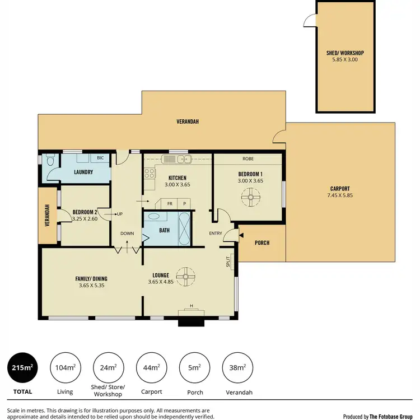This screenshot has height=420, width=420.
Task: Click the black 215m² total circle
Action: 23,368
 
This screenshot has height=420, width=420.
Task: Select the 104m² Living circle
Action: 65,368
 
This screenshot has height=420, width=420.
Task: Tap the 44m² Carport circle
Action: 151,368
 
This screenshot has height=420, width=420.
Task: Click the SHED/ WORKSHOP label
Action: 346,54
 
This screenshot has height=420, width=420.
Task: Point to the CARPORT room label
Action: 340,189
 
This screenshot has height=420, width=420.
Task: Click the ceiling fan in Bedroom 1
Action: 249,196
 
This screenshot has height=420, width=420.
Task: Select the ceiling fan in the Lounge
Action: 185,276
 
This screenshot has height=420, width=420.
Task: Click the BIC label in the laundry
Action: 100,158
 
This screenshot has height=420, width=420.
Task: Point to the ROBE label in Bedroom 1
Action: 247,159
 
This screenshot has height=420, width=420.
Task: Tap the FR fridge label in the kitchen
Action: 169,203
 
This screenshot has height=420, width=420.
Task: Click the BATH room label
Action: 164,230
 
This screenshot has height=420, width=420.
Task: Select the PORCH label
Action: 262,242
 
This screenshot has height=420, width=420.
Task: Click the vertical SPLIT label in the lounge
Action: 228,262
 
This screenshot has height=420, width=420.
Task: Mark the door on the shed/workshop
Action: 310,21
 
